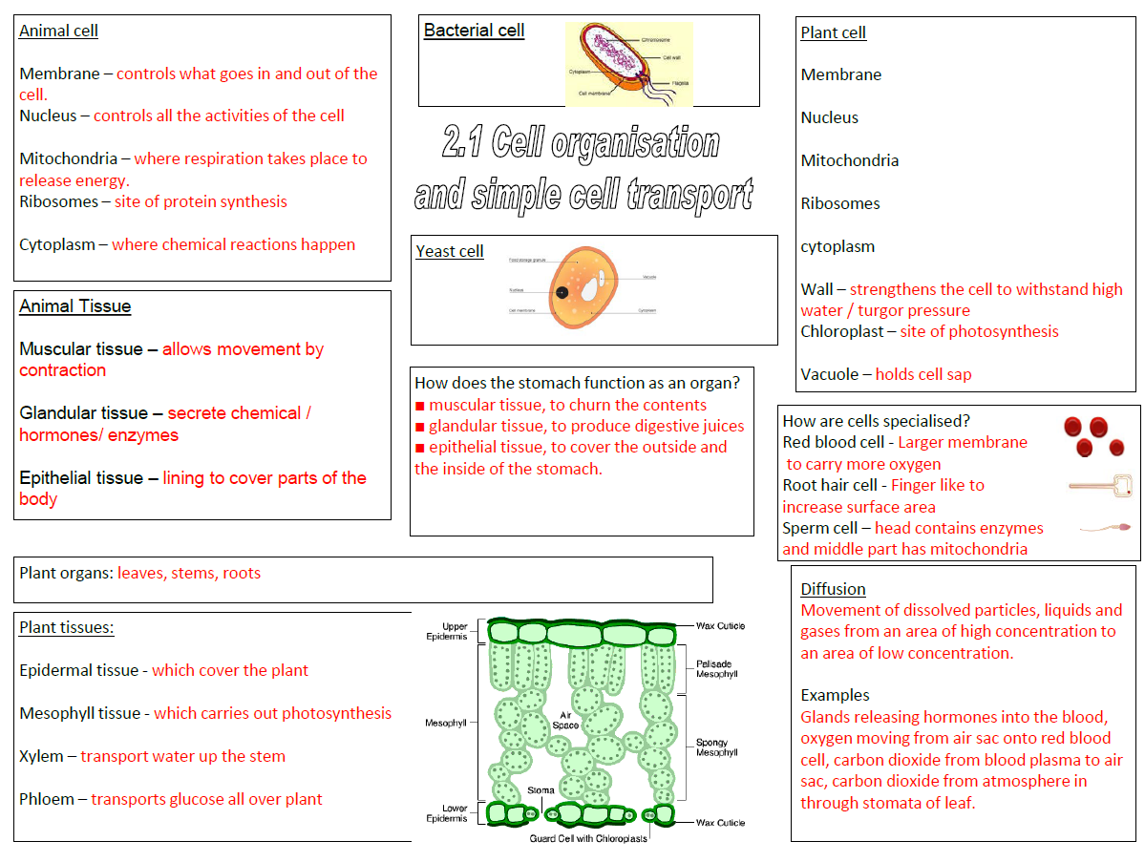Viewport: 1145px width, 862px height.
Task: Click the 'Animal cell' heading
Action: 58,31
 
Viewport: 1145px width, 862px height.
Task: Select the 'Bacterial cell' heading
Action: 474,31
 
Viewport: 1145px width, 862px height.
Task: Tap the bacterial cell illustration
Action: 627,64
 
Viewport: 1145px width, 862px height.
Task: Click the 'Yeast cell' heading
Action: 450,251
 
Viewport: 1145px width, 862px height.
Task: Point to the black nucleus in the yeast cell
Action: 562,291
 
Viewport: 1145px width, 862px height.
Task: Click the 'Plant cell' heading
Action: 833,32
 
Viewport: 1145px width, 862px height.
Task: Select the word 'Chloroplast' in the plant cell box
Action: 840,331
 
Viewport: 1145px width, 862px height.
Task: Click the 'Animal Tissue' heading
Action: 75,306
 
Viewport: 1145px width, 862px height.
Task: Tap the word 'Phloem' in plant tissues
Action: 46,799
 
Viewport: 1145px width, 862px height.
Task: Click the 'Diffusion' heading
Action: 833,589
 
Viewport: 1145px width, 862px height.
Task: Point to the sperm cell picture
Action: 1107,527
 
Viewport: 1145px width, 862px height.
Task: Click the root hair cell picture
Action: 1099,486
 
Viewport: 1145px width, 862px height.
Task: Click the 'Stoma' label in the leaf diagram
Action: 541,790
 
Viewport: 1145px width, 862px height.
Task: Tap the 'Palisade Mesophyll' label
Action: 716,668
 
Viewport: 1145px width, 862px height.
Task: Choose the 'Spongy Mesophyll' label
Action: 716,746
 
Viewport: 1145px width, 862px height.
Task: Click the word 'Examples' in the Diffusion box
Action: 835,695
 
